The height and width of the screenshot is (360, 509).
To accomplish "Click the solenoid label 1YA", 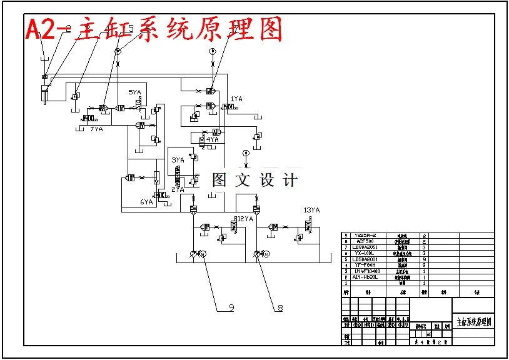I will coord(236,99).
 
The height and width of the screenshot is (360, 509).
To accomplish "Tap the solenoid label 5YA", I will coord(134,92).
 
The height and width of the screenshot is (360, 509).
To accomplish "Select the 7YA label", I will coord(96,129).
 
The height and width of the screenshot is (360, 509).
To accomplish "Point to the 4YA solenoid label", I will coord(212,139).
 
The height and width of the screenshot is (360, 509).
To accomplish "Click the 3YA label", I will coord(178,160).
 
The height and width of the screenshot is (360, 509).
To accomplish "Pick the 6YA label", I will coord(146,202).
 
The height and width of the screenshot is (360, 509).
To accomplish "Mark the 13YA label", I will coord(311,211).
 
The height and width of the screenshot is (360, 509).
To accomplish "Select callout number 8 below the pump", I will coord(280,307).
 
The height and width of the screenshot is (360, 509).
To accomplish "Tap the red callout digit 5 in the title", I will coord(130,29).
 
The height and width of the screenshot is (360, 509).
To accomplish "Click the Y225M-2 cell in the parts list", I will coord(365,236).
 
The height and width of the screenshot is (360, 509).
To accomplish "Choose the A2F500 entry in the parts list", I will coord(365,241).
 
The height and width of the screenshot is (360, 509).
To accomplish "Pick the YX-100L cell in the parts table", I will coord(365,253).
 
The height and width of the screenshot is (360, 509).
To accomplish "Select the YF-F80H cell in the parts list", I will coord(365,265).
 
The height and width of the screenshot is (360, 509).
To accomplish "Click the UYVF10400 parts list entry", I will coord(365,271).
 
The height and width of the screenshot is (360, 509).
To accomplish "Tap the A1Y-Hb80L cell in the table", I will coord(365,277).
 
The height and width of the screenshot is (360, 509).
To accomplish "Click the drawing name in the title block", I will coord(473,322).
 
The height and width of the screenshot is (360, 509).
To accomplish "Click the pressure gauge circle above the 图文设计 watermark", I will coord(246,152).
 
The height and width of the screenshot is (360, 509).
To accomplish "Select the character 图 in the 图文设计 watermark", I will coord(219,180).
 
